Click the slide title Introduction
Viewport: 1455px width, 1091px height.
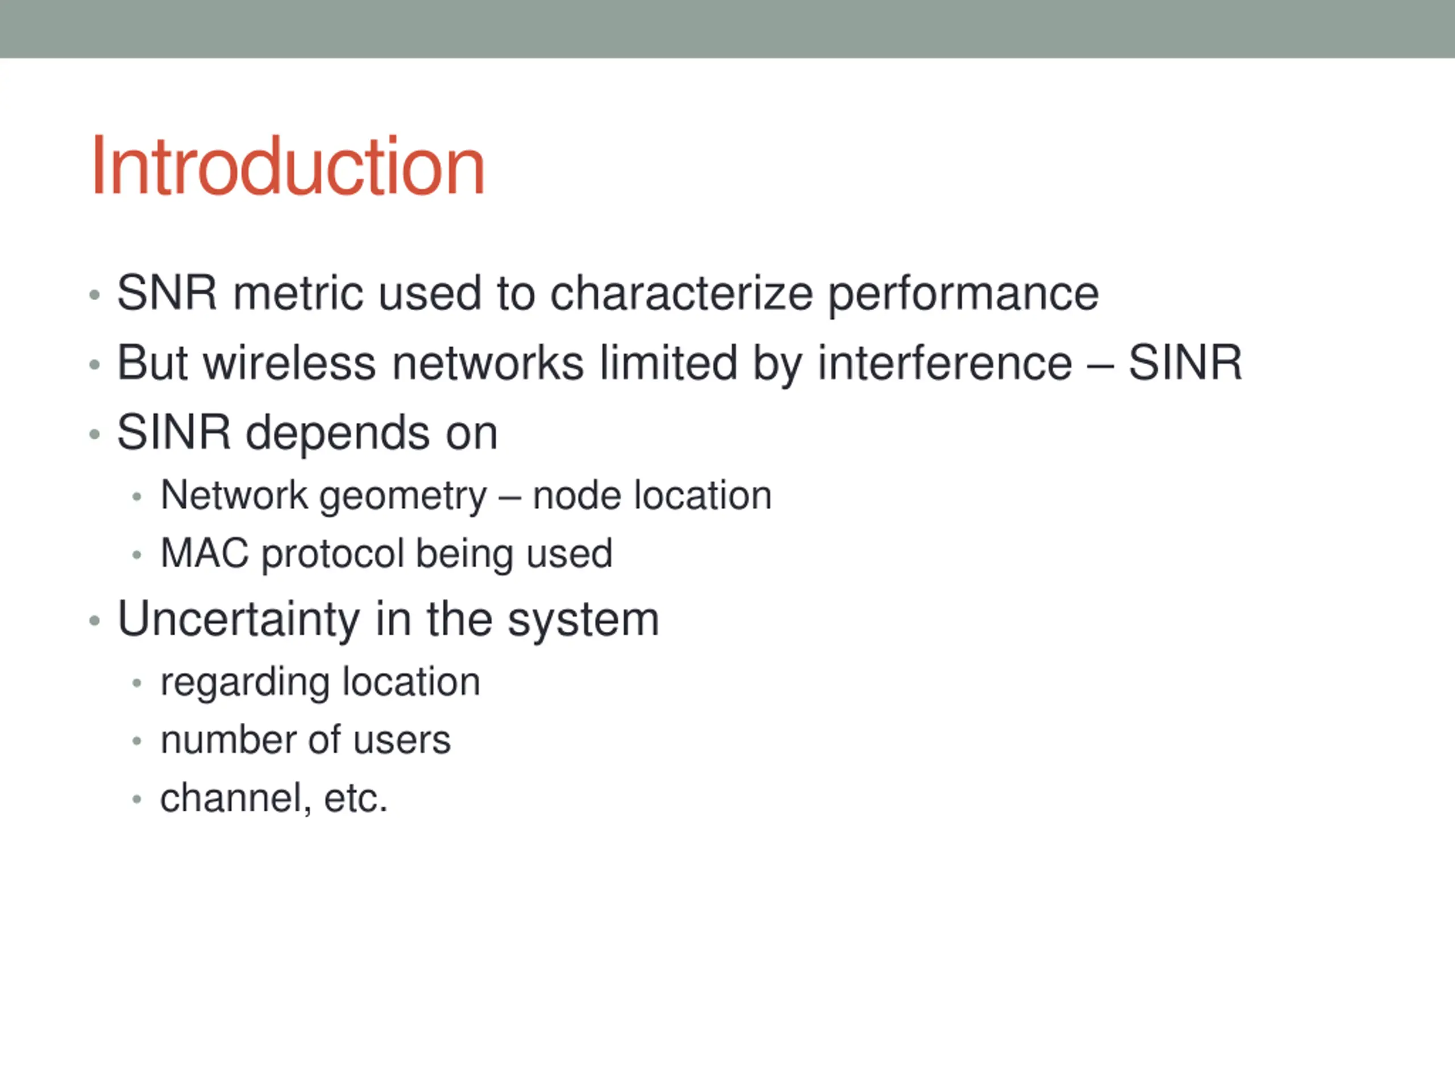pyautogui.click(x=288, y=166)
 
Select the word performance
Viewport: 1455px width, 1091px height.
pyautogui.click(x=963, y=294)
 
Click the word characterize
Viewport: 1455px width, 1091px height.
pyautogui.click(x=681, y=293)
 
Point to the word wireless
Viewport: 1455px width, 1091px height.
pyautogui.click(x=289, y=363)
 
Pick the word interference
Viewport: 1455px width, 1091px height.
pyautogui.click(x=945, y=363)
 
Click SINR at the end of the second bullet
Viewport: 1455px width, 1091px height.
pyautogui.click(x=1185, y=363)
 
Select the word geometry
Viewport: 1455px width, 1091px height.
pyautogui.click(x=402, y=497)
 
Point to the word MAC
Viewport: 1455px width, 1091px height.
pyautogui.click(x=205, y=553)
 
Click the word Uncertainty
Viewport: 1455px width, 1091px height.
pyautogui.click(x=239, y=619)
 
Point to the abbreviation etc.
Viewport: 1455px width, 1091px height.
pyautogui.click(x=355, y=798)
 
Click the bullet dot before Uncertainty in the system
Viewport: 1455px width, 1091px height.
pyautogui.click(x=95, y=620)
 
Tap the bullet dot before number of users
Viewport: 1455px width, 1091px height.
pyautogui.click(x=137, y=741)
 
